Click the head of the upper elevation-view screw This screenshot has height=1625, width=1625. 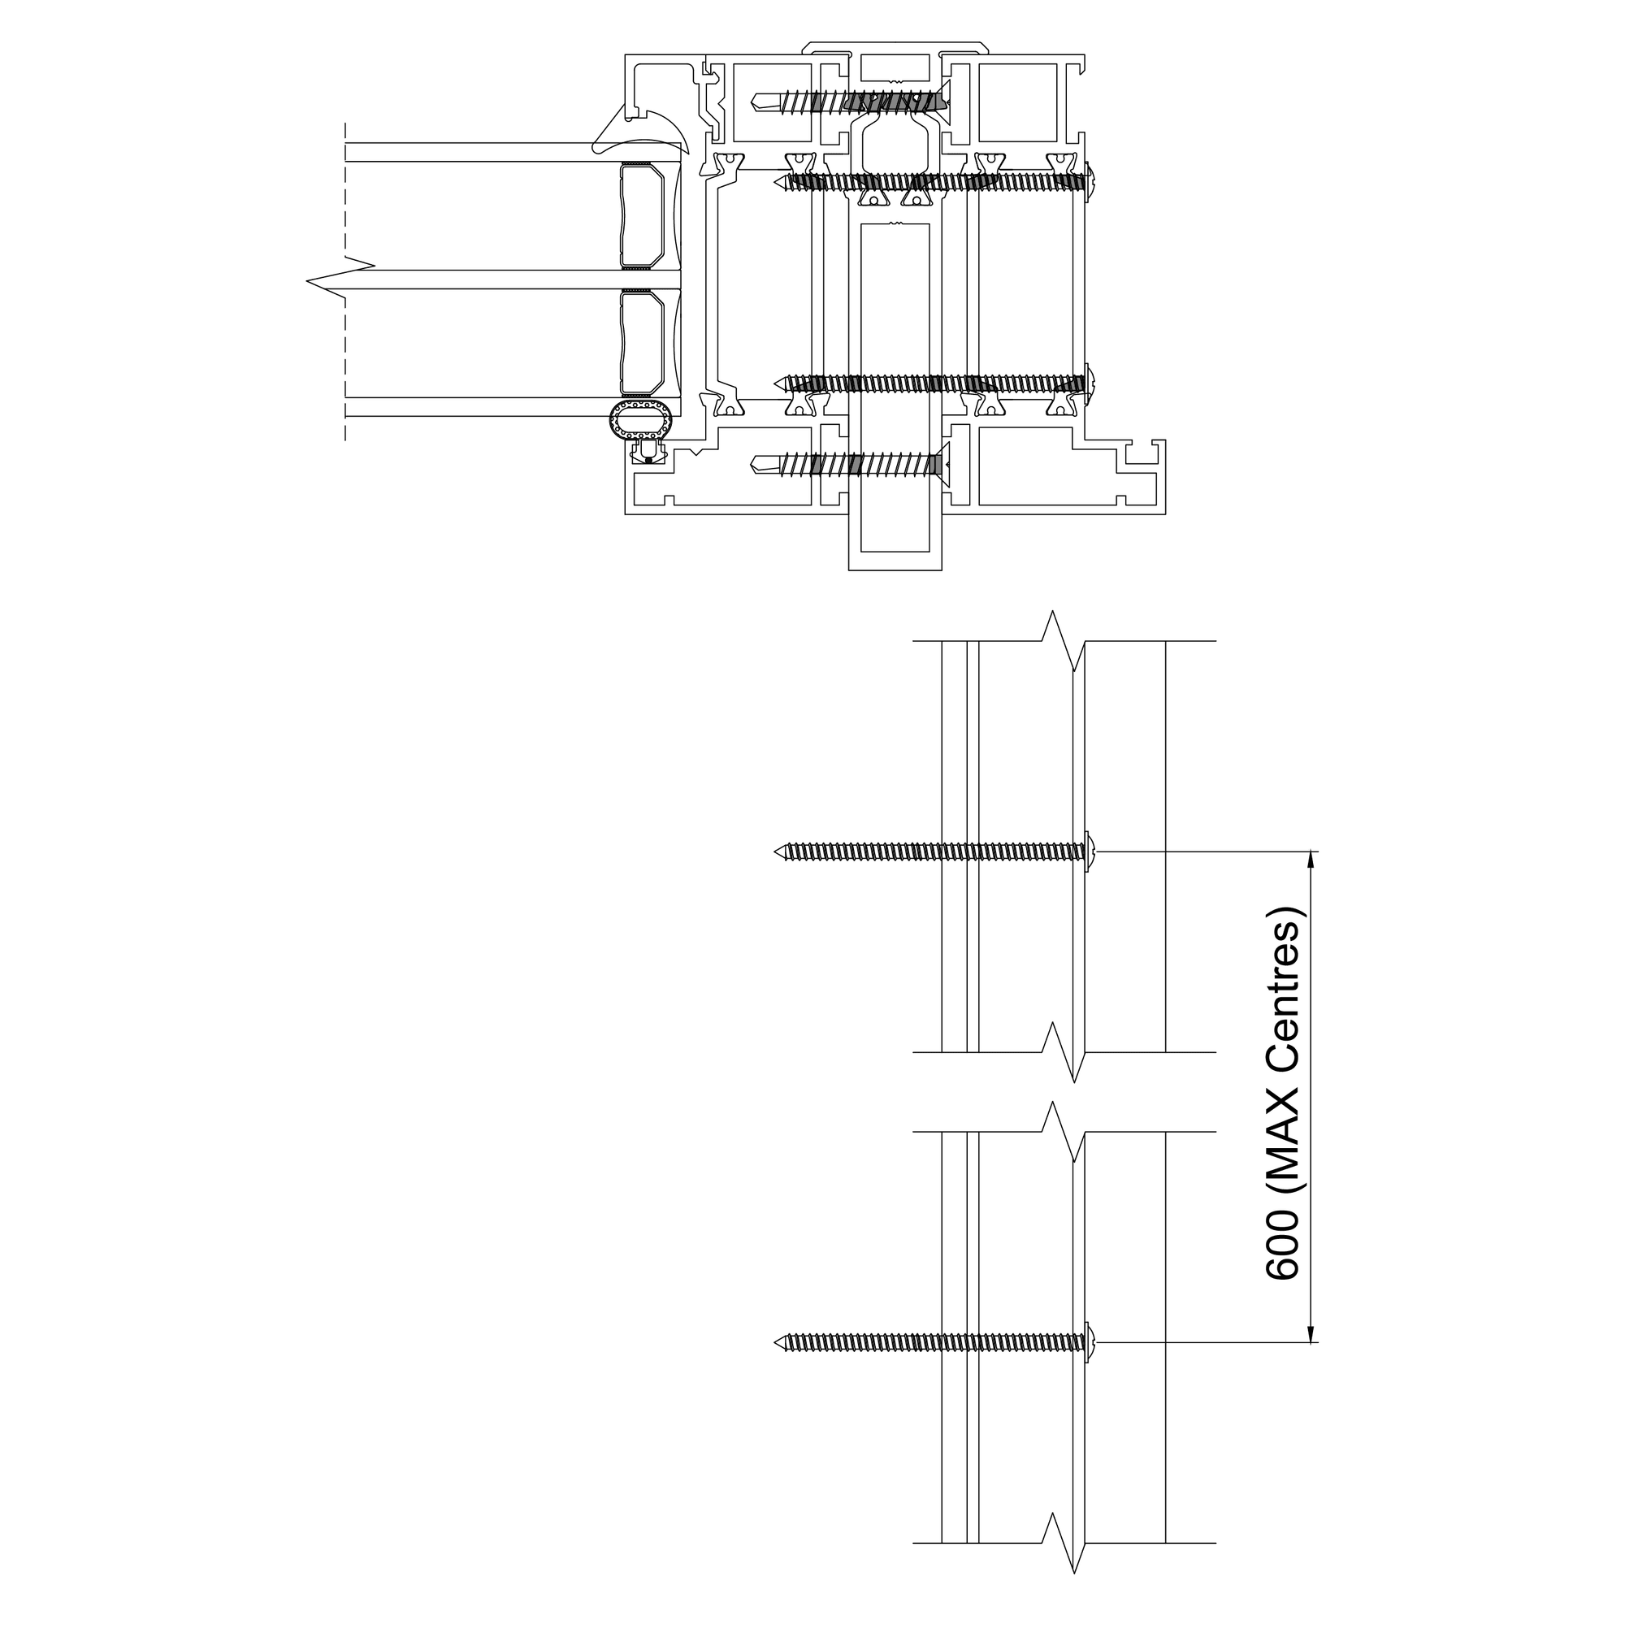click(1090, 852)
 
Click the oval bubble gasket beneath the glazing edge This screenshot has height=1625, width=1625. click(643, 420)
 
